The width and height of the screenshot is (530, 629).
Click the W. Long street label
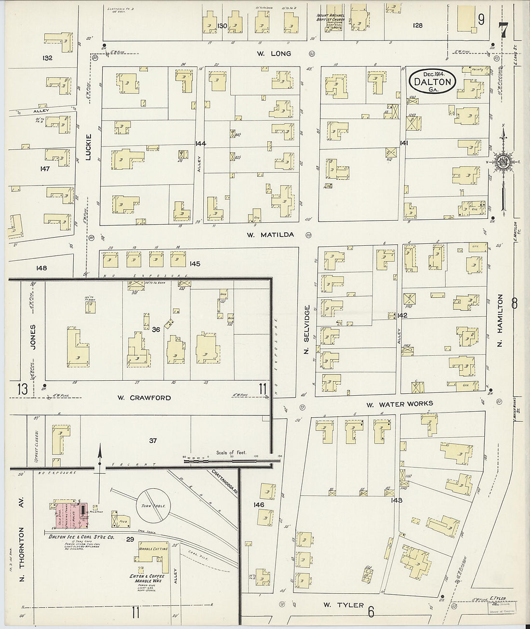(274, 54)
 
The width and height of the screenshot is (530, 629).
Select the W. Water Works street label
(399, 404)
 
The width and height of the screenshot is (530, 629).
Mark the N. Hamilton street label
(500, 321)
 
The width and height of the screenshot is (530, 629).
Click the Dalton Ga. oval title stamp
(433, 80)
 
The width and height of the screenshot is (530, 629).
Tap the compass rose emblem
(503, 162)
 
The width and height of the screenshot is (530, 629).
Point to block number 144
(200, 144)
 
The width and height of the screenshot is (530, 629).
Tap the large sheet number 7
(504, 30)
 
